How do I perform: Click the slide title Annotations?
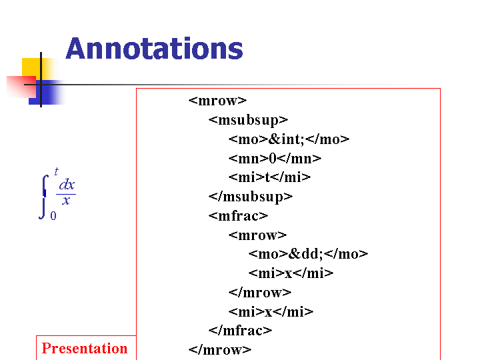(x=154, y=49)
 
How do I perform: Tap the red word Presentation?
(x=85, y=349)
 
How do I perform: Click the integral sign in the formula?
(x=44, y=197)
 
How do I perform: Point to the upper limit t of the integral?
(x=56, y=171)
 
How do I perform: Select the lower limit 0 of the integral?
(x=53, y=216)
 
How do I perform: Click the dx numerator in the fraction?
(x=67, y=185)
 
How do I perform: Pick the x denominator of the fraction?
(x=66, y=201)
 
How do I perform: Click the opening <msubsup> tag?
(x=248, y=120)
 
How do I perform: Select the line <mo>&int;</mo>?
(x=289, y=139)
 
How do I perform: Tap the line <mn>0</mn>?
(x=275, y=159)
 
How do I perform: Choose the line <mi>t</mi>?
(x=269, y=177)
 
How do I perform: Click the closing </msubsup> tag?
(x=251, y=197)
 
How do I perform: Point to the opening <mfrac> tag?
(x=238, y=216)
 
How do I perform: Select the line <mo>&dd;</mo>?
(x=308, y=254)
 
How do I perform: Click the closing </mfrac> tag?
(x=240, y=331)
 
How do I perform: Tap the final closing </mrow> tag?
(x=220, y=350)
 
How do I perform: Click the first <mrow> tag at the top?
(x=217, y=101)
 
